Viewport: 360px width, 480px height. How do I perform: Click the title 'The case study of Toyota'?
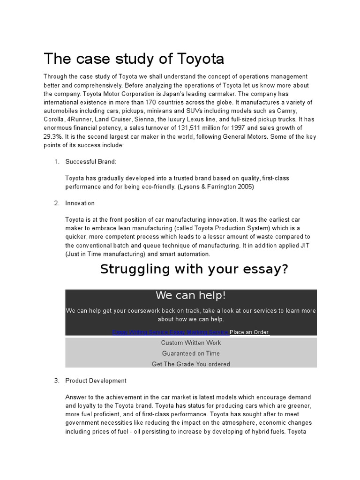(134, 59)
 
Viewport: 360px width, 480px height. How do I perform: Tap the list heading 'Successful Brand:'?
(90, 162)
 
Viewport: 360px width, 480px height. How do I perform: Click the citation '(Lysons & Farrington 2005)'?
(214, 187)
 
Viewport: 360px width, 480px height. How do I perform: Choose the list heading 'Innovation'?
(80, 203)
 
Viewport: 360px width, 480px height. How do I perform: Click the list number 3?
(56, 381)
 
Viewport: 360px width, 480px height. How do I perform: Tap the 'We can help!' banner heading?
(191, 295)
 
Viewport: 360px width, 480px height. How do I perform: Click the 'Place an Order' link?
(249, 332)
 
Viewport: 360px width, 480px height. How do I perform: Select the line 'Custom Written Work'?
(191, 343)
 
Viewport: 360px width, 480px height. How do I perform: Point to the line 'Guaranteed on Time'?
(191, 353)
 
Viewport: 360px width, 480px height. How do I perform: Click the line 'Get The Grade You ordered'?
(191, 364)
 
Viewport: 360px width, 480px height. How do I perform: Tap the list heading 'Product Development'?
(96, 381)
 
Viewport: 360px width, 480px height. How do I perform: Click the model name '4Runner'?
(79, 120)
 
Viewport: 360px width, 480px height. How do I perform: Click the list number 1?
(56, 162)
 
